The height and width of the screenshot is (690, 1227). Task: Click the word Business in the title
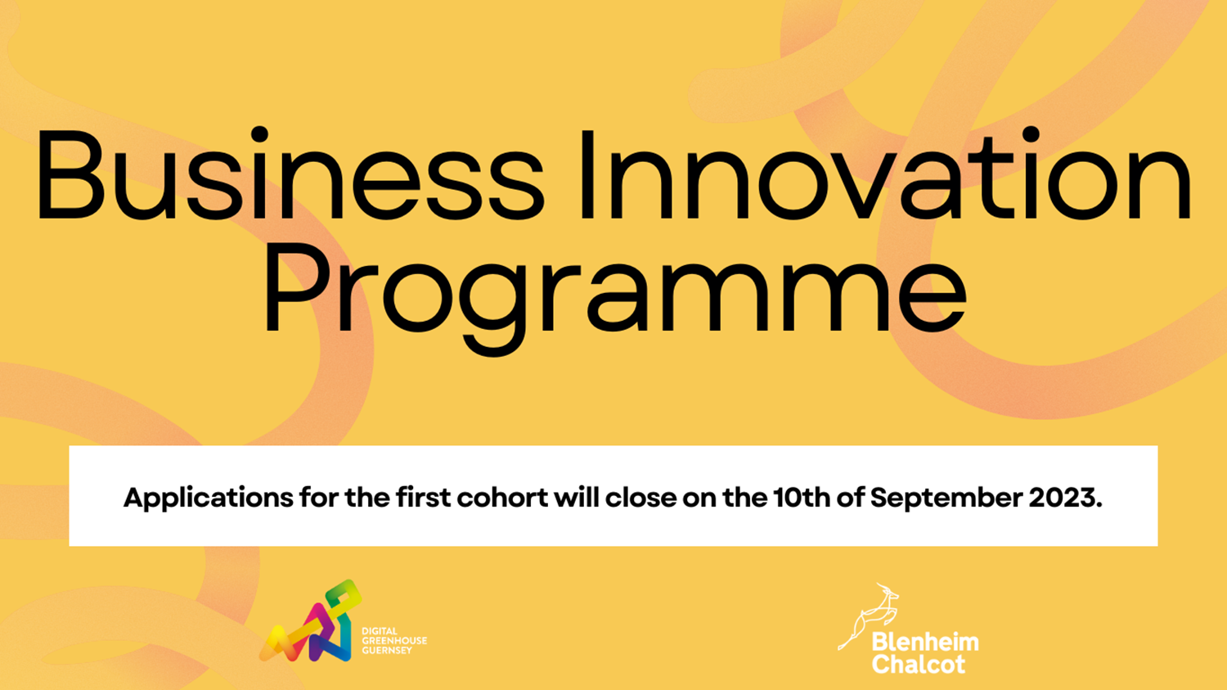[290, 174]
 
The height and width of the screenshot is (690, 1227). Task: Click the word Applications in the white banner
[208, 498]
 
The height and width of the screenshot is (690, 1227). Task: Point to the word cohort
[502, 498]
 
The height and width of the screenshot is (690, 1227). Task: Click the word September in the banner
[946, 498]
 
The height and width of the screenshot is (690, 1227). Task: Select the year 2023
[1065, 498]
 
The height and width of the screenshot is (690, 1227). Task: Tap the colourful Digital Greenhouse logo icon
[311, 621]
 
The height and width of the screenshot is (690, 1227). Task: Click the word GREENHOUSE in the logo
[394, 641]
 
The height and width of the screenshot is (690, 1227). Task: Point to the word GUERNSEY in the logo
[387, 651]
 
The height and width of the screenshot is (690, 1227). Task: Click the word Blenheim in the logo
[925, 643]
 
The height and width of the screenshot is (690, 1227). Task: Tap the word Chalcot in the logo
[919, 665]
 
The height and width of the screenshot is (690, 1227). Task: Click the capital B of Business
[70, 175]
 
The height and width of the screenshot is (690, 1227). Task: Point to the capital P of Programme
[299, 288]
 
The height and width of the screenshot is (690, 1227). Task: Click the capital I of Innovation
[588, 175]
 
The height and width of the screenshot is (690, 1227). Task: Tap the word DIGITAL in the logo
[380, 631]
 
